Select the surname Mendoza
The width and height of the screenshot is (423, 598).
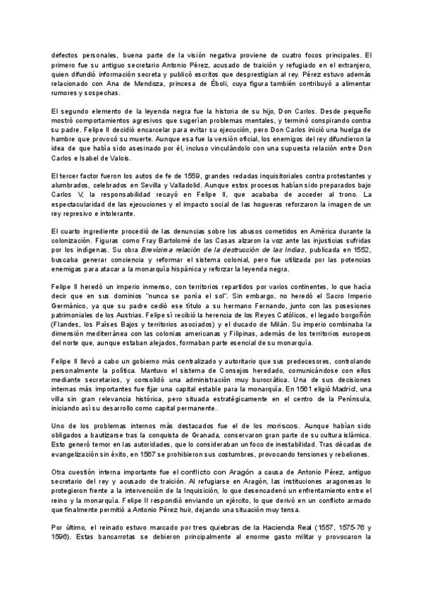point(155,83)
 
